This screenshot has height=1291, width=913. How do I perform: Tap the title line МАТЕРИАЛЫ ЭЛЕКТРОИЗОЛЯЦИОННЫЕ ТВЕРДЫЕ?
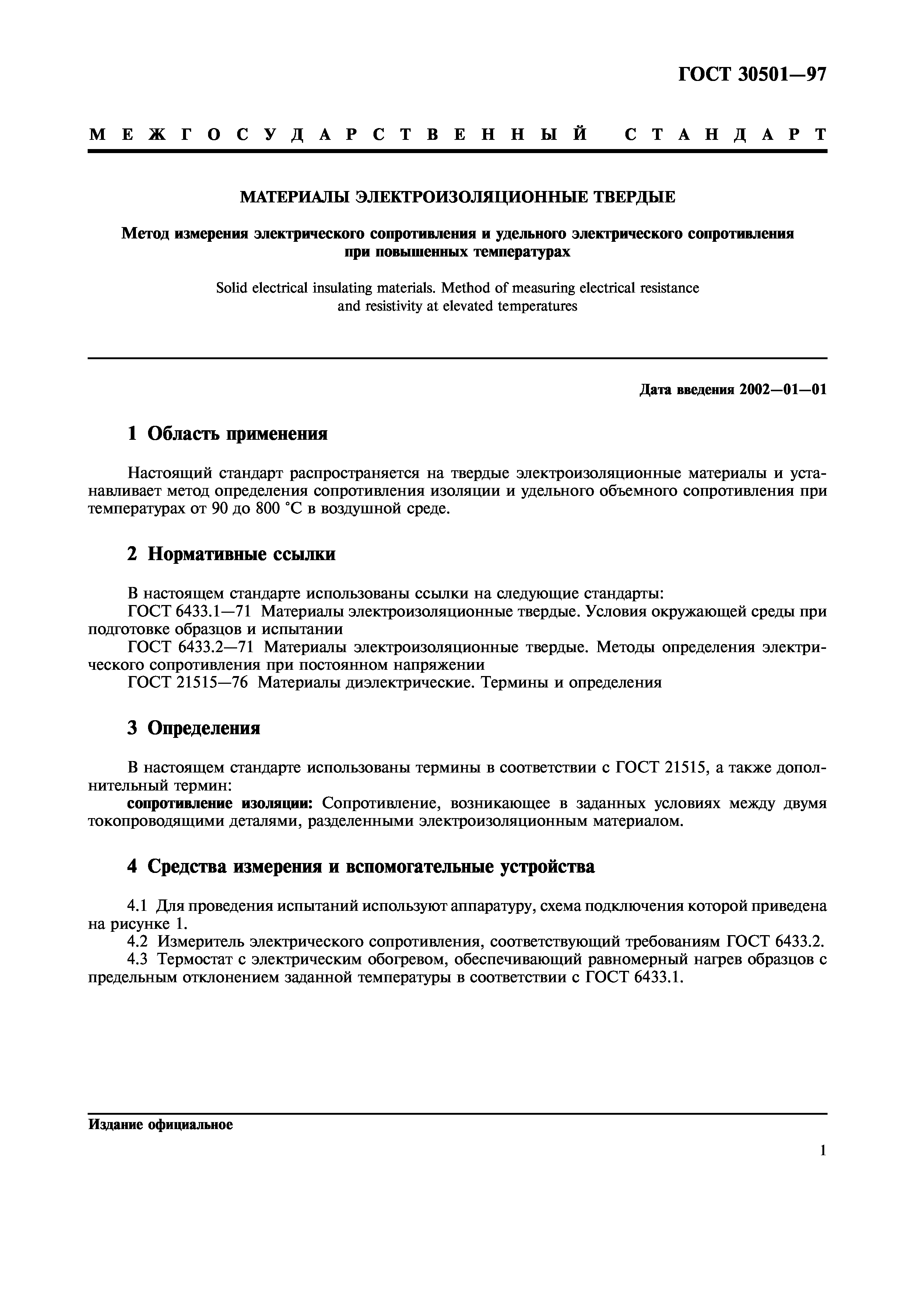(457, 197)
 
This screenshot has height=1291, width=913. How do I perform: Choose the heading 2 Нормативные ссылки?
(231, 554)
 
